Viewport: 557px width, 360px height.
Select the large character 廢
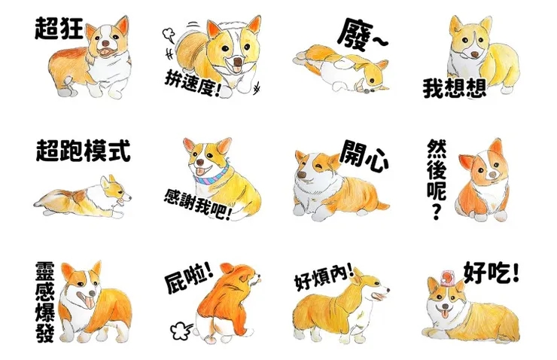[352, 32]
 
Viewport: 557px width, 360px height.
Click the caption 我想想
[454, 89]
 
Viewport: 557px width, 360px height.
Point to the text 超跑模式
[83, 151]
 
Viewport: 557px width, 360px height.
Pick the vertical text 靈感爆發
[44, 301]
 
